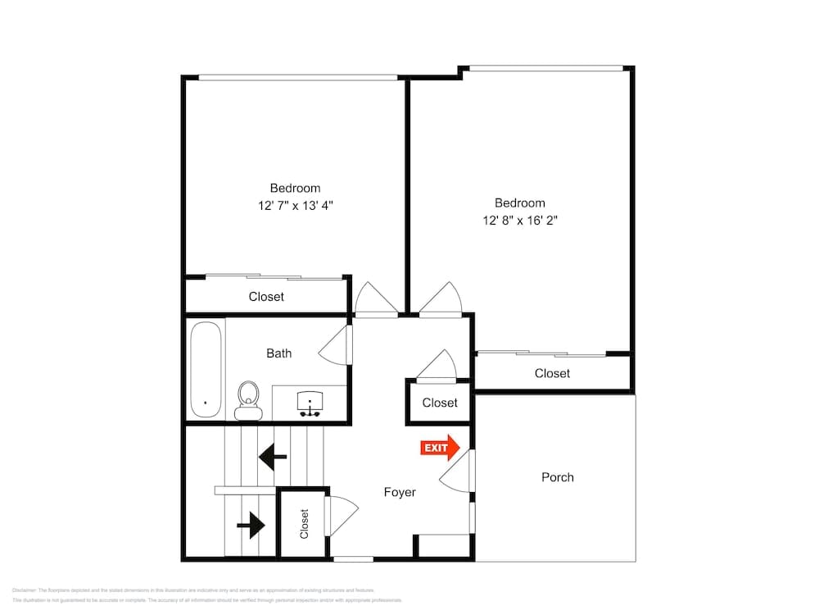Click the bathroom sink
[x=310, y=401]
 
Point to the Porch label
[x=558, y=477]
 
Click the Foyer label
[x=400, y=492]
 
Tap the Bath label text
[x=278, y=353]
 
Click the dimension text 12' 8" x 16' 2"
[x=520, y=221]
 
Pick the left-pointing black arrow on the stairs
[x=272, y=456]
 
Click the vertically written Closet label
[x=304, y=524]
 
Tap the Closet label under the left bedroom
[x=266, y=297]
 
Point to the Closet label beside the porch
[x=552, y=373]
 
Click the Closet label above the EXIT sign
[x=440, y=403]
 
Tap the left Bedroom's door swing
[x=375, y=298]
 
